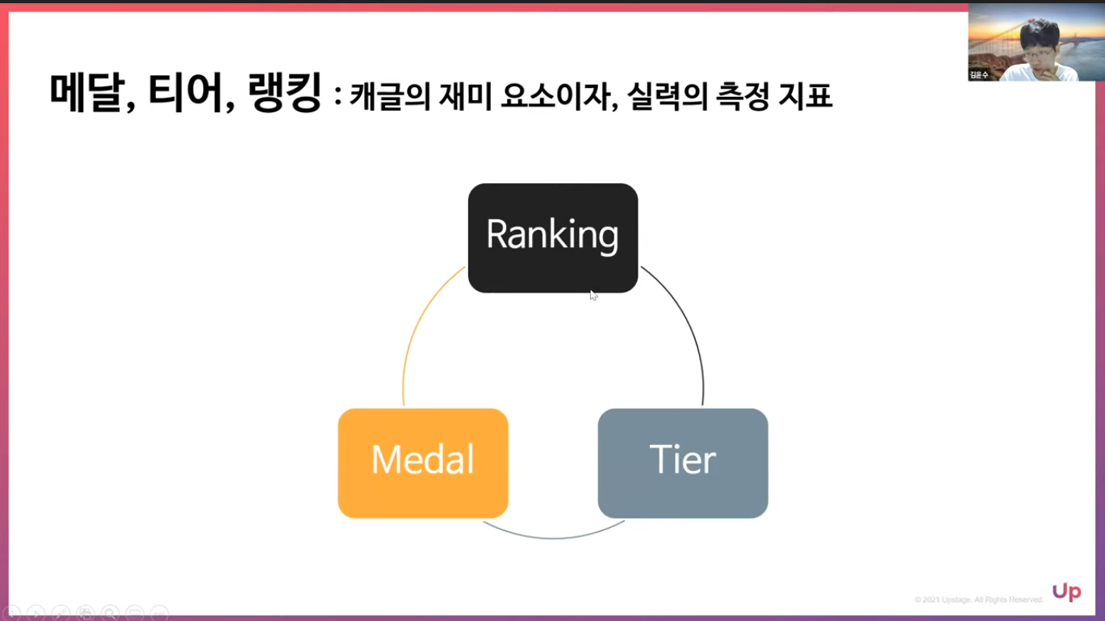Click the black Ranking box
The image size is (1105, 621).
tap(553, 237)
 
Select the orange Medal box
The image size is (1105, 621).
tap(423, 463)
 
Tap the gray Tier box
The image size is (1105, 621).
tap(683, 463)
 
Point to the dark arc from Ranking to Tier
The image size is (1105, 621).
tap(689, 331)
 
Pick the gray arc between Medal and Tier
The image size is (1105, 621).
tap(554, 537)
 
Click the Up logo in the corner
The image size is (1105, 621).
tap(1066, 593)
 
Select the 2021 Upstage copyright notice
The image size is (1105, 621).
tap(978, 600)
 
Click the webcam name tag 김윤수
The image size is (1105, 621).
tap(980, 75)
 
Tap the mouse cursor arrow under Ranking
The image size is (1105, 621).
tap(593, 296)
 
